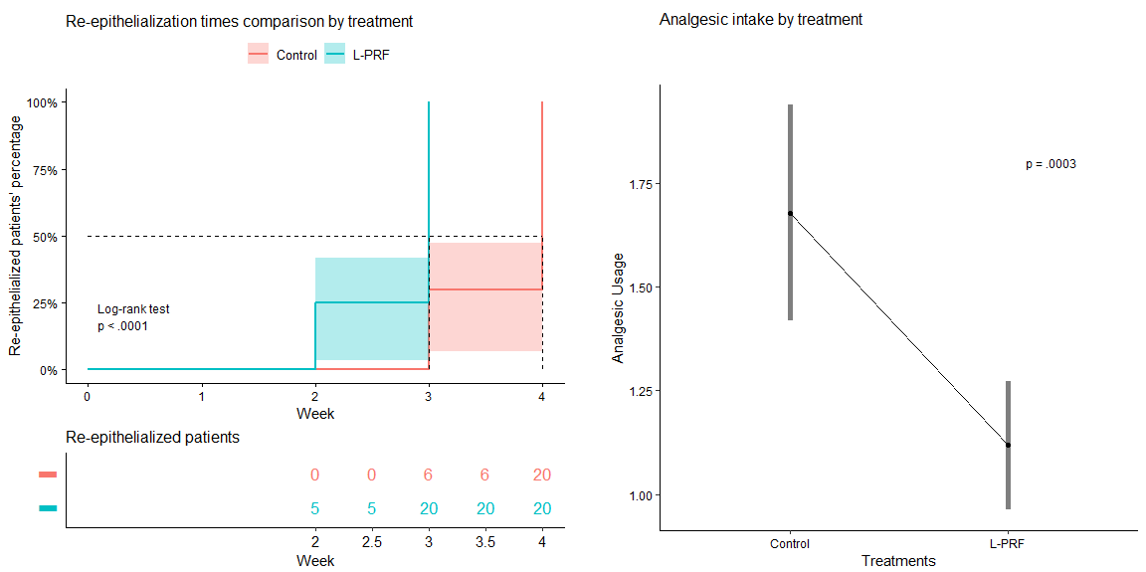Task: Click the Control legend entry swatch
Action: coord(258,55)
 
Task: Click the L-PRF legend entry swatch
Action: coord(335,55)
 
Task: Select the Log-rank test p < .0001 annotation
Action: coord(133,317)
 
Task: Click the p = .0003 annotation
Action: coord(1050,164)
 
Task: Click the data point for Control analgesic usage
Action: coord(790,213)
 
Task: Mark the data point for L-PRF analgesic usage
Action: coord(1008,445)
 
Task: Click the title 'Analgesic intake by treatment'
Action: coord(760,19)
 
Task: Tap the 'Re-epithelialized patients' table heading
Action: coord(152,437)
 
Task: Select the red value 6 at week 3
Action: coord(429,476)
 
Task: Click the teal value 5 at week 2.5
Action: coord(372,509)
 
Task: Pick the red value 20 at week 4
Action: coord(541,476)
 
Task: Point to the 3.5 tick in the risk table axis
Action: coord(484,541)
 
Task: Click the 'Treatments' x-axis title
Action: coord(898,561)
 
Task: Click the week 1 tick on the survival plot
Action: coord(202,395)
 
